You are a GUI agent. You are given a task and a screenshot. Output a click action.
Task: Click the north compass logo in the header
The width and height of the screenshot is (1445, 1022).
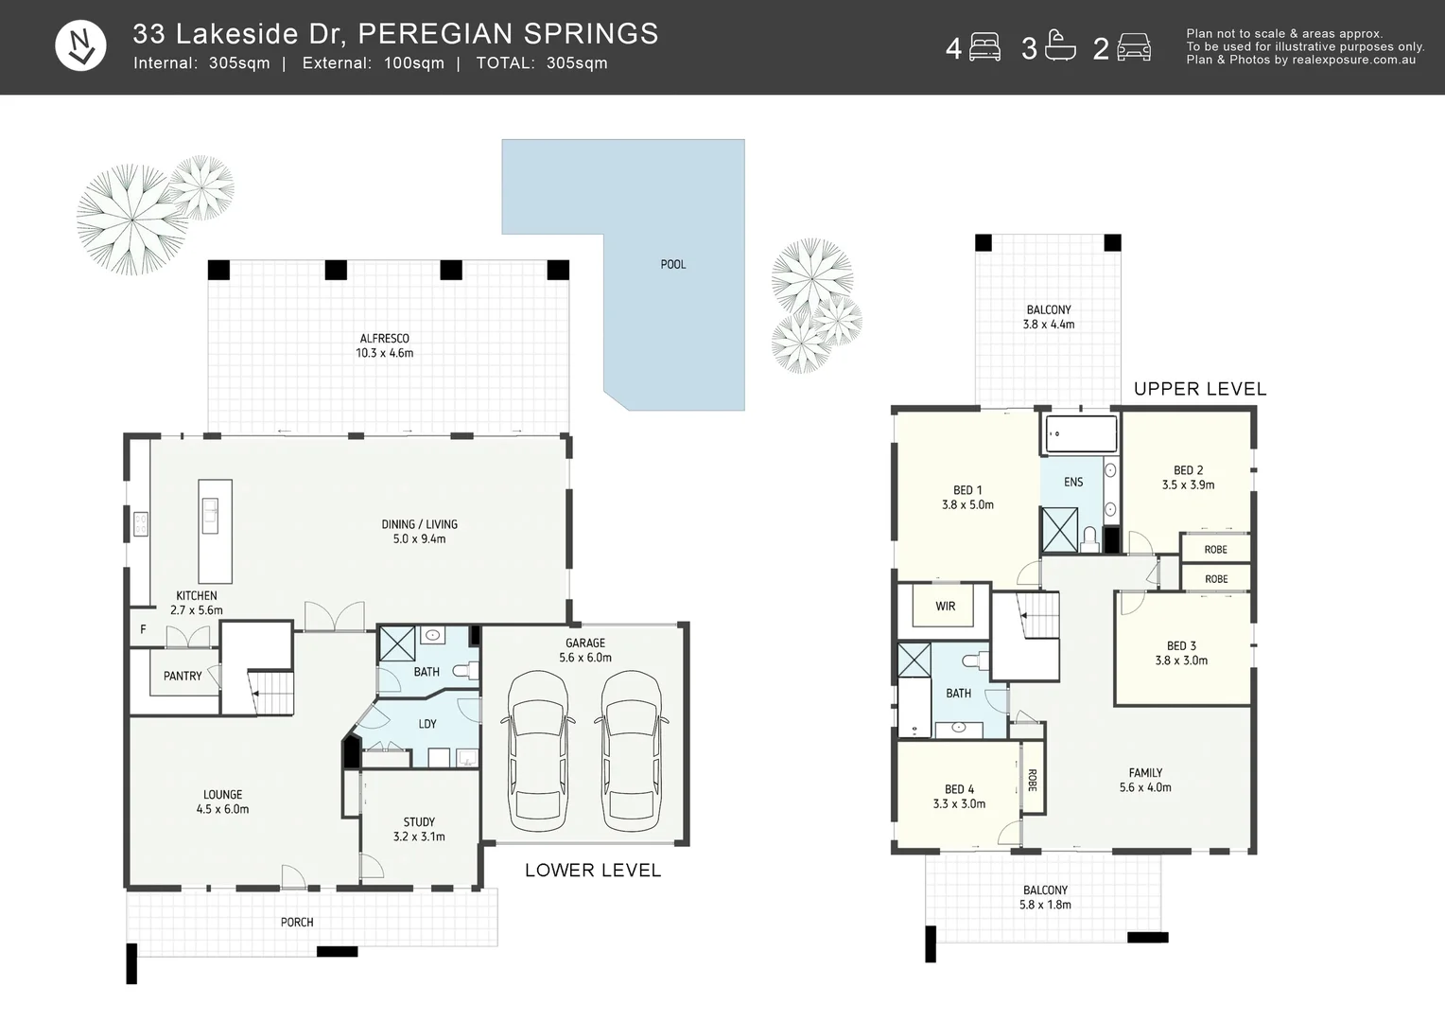pyautogui.click(x=80, y=46)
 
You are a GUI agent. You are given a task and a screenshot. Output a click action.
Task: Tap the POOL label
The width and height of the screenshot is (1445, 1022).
pyautogui.click(x=673, y=265)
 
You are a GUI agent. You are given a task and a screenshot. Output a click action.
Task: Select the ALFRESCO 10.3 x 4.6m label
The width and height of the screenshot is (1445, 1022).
pyautogui.click(x=384, y=345)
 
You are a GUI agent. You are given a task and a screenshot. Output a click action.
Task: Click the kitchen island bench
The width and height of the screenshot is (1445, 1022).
pyautogui.click(x=215, y=531)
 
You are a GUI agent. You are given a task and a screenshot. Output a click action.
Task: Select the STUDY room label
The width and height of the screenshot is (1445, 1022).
pyautogui.click(x=419, y=829)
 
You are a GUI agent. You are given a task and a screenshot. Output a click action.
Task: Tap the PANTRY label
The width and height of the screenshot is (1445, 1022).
pyautogui.click(x=183, y=677)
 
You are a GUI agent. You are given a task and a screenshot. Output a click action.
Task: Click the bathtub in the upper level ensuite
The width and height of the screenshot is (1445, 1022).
pyautogui.click(x=1080, y=435)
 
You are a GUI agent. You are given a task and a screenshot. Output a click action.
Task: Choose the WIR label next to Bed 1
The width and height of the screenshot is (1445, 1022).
pyautogui.click(x=945, y=607)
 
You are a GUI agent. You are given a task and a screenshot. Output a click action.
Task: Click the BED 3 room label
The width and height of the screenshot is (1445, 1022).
pyautogui.click(x=1181, y=653)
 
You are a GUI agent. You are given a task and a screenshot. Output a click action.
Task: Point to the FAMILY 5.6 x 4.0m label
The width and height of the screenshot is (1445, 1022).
pyautogui.click(x=1145, y=780)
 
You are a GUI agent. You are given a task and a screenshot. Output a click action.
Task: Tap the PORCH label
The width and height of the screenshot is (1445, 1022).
pyautogui.click(x=297, y=923)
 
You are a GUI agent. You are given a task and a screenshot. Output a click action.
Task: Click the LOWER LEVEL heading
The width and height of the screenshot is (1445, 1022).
pyautogui.click(x=593, y=871)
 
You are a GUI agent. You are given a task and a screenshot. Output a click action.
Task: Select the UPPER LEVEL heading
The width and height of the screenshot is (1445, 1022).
pyautogui.click(x=1199, y=389)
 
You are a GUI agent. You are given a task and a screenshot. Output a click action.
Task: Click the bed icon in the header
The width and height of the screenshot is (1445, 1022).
pyautogui.click(x=984, y=47)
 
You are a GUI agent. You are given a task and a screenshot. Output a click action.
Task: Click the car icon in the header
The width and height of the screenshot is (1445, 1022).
pyautogui.click(x=1133, y=47)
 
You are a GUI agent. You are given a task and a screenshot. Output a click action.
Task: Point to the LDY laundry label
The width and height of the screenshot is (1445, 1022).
pyautogui.click(x=427, y=724)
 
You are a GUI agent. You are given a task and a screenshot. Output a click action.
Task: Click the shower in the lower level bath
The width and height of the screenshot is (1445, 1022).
pyautogui.click(x=396, y=644)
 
